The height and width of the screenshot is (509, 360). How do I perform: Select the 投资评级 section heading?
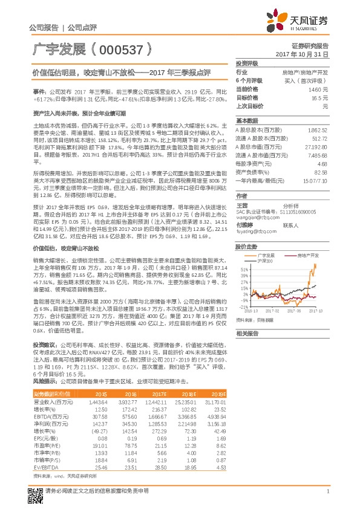(247, 63)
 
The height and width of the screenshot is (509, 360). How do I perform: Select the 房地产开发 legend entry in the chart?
(309, 256)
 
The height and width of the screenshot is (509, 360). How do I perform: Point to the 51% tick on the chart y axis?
(243, 268)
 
